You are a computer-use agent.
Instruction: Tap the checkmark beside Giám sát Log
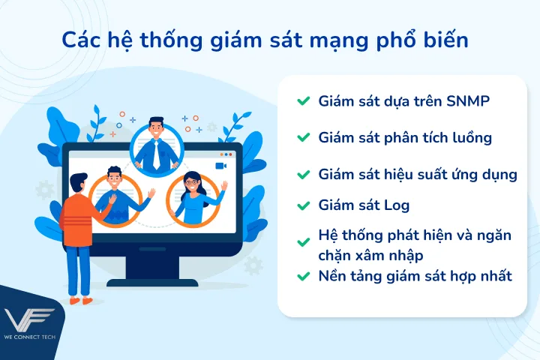(303, 205)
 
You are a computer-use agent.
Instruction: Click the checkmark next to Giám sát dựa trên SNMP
(303, 101)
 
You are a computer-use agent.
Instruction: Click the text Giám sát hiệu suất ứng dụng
(417, 175)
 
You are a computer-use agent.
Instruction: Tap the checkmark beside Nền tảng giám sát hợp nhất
(303, 277)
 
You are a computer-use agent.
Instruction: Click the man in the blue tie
(156, 144)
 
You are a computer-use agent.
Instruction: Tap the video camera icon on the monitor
(220, 165)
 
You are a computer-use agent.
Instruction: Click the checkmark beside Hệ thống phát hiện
(303, 242)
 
